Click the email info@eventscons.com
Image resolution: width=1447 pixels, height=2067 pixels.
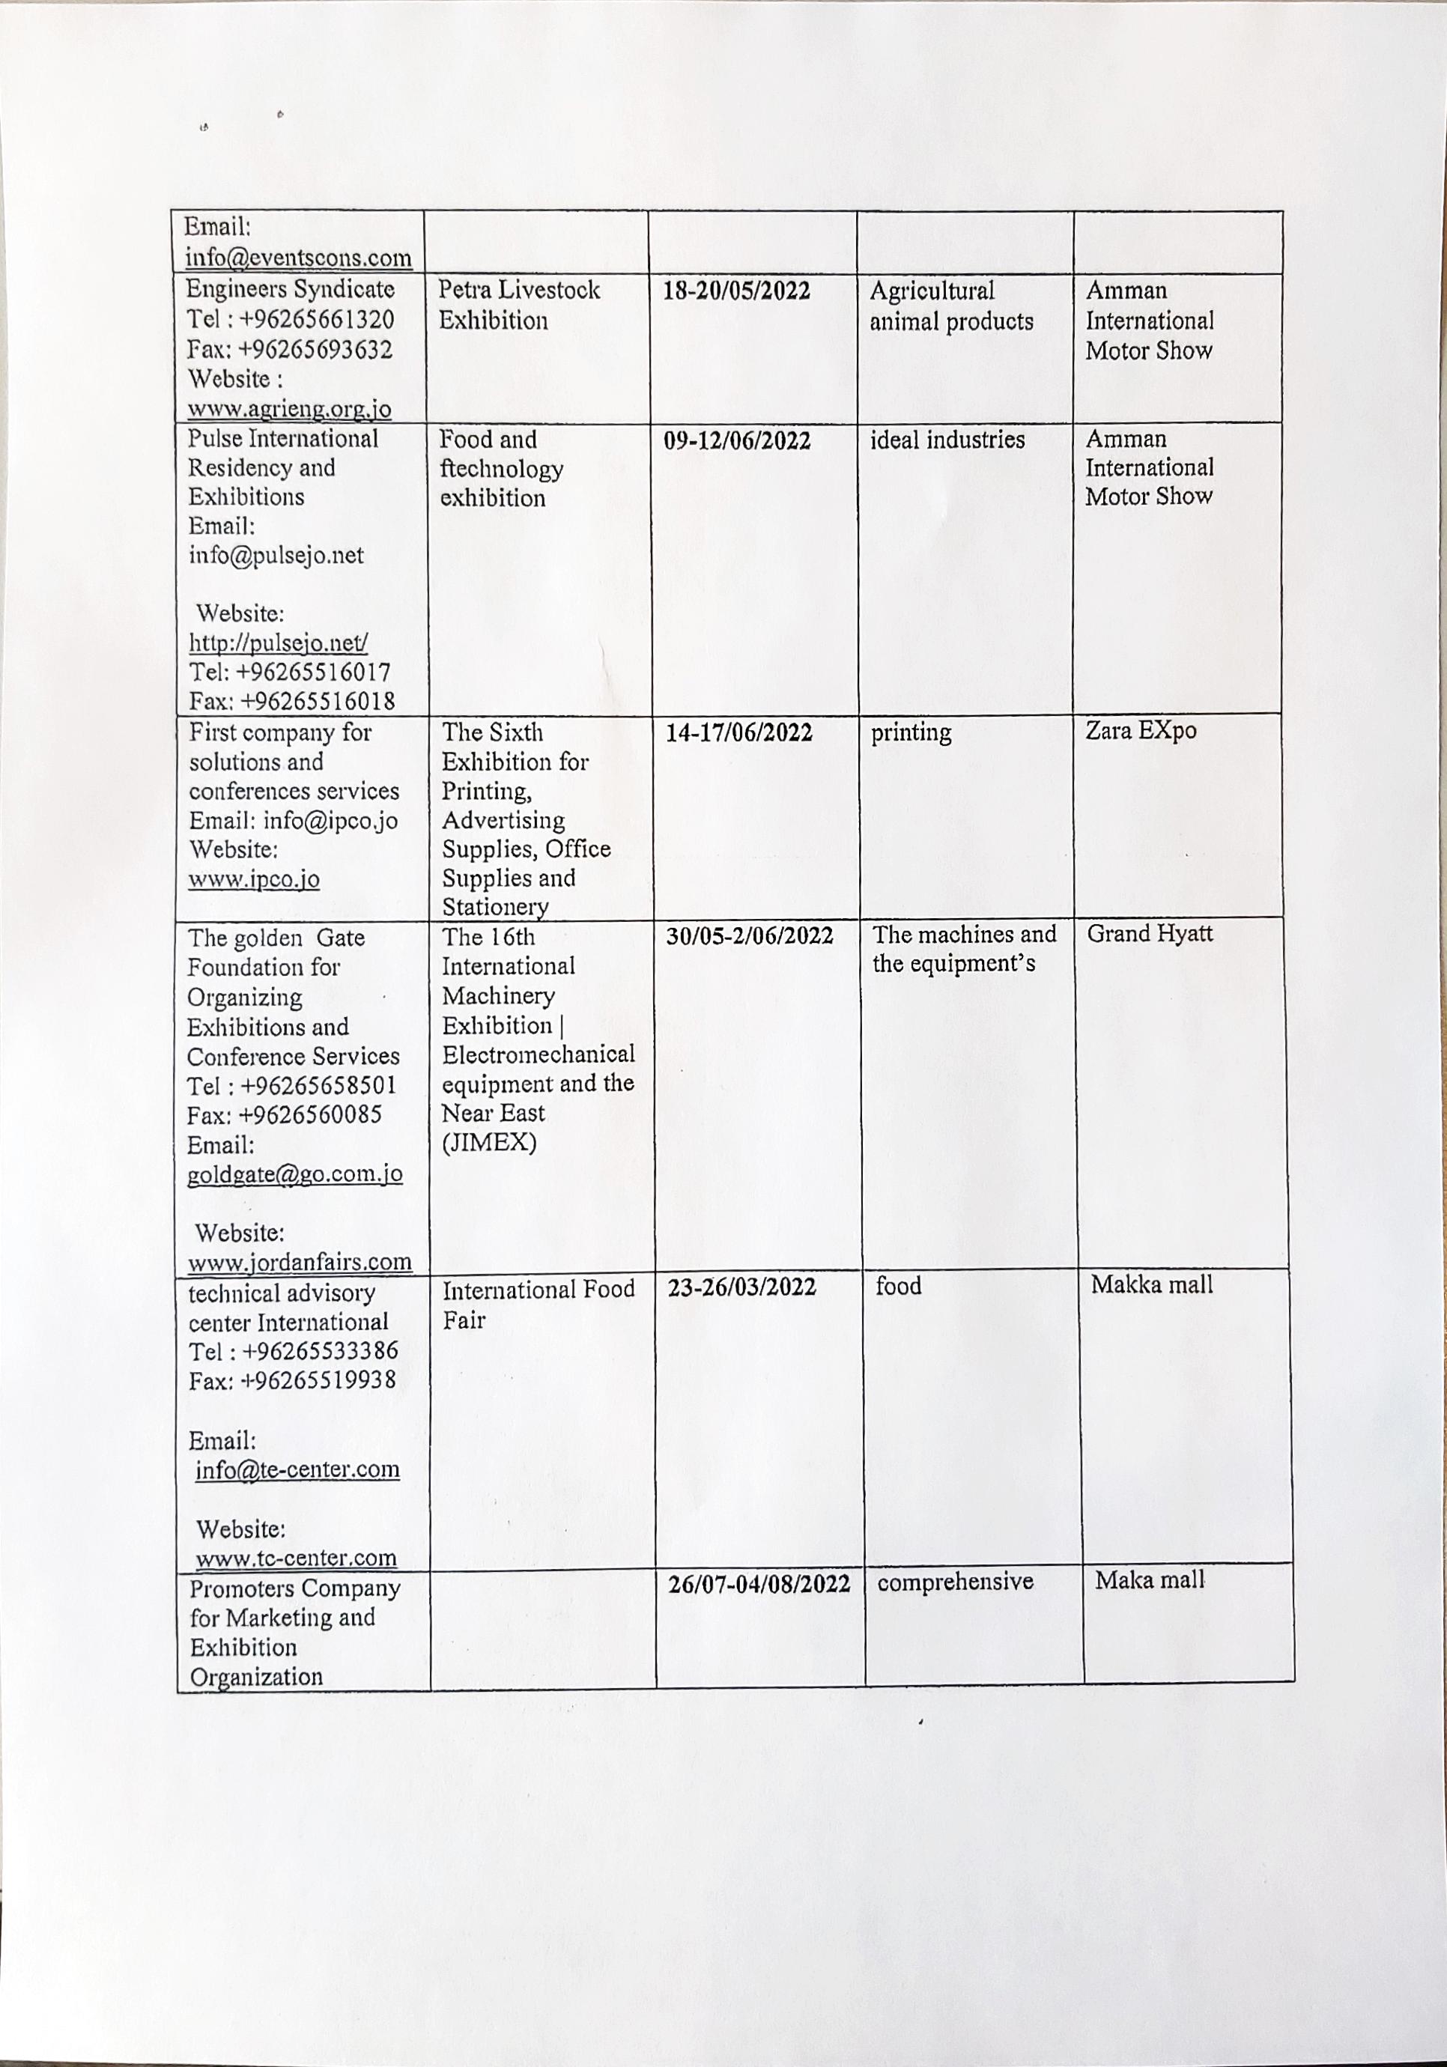coord(299,258)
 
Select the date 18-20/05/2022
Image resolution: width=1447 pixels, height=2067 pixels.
coord(736,291)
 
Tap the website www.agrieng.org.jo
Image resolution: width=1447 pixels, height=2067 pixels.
coord(290,409)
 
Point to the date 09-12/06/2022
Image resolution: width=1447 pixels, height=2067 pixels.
coord(736,441)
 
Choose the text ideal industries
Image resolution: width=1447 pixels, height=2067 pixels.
coord(947,440)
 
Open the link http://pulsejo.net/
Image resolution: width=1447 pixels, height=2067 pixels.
coord(278,643)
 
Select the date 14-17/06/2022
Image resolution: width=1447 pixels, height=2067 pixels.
coord(738,733)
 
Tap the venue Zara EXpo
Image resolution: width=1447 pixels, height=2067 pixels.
coord(1141,730)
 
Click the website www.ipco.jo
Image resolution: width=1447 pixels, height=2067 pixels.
coord(254,878)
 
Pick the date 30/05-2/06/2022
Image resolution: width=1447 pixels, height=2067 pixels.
coord(749,936)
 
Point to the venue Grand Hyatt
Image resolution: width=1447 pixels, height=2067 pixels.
coord(1150,934)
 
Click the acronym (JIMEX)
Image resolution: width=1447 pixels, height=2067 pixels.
coord(489,1142)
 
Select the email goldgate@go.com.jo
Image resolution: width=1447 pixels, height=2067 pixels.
coord(294,1174)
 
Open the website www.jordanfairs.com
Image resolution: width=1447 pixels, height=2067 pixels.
coord(300,1262)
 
